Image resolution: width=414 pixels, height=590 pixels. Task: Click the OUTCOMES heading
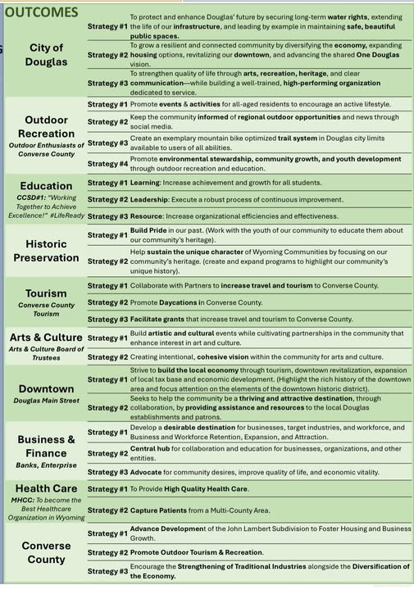[41, 12]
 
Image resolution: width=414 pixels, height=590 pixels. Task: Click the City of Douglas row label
[46, 55]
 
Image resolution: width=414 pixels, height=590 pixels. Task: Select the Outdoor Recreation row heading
[46, 126]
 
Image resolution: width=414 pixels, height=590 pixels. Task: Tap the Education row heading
[46, 185]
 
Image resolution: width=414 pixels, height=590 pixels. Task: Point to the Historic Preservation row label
[46, 251]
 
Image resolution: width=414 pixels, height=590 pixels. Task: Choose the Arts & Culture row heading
[46, 337]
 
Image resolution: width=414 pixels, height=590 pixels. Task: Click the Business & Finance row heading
[46, 446]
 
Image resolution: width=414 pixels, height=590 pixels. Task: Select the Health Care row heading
[46, 489]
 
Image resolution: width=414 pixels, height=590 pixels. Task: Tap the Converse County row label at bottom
[46, 552]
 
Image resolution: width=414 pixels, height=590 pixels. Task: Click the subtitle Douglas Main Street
[46, 401]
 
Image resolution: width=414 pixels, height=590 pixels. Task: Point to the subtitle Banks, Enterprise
[46, 465]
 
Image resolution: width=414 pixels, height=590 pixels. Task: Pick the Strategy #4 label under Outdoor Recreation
[107, 163]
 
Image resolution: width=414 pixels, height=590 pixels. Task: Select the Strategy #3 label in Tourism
[107, 319]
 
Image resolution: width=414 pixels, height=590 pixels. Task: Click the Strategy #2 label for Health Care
[107, 511]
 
